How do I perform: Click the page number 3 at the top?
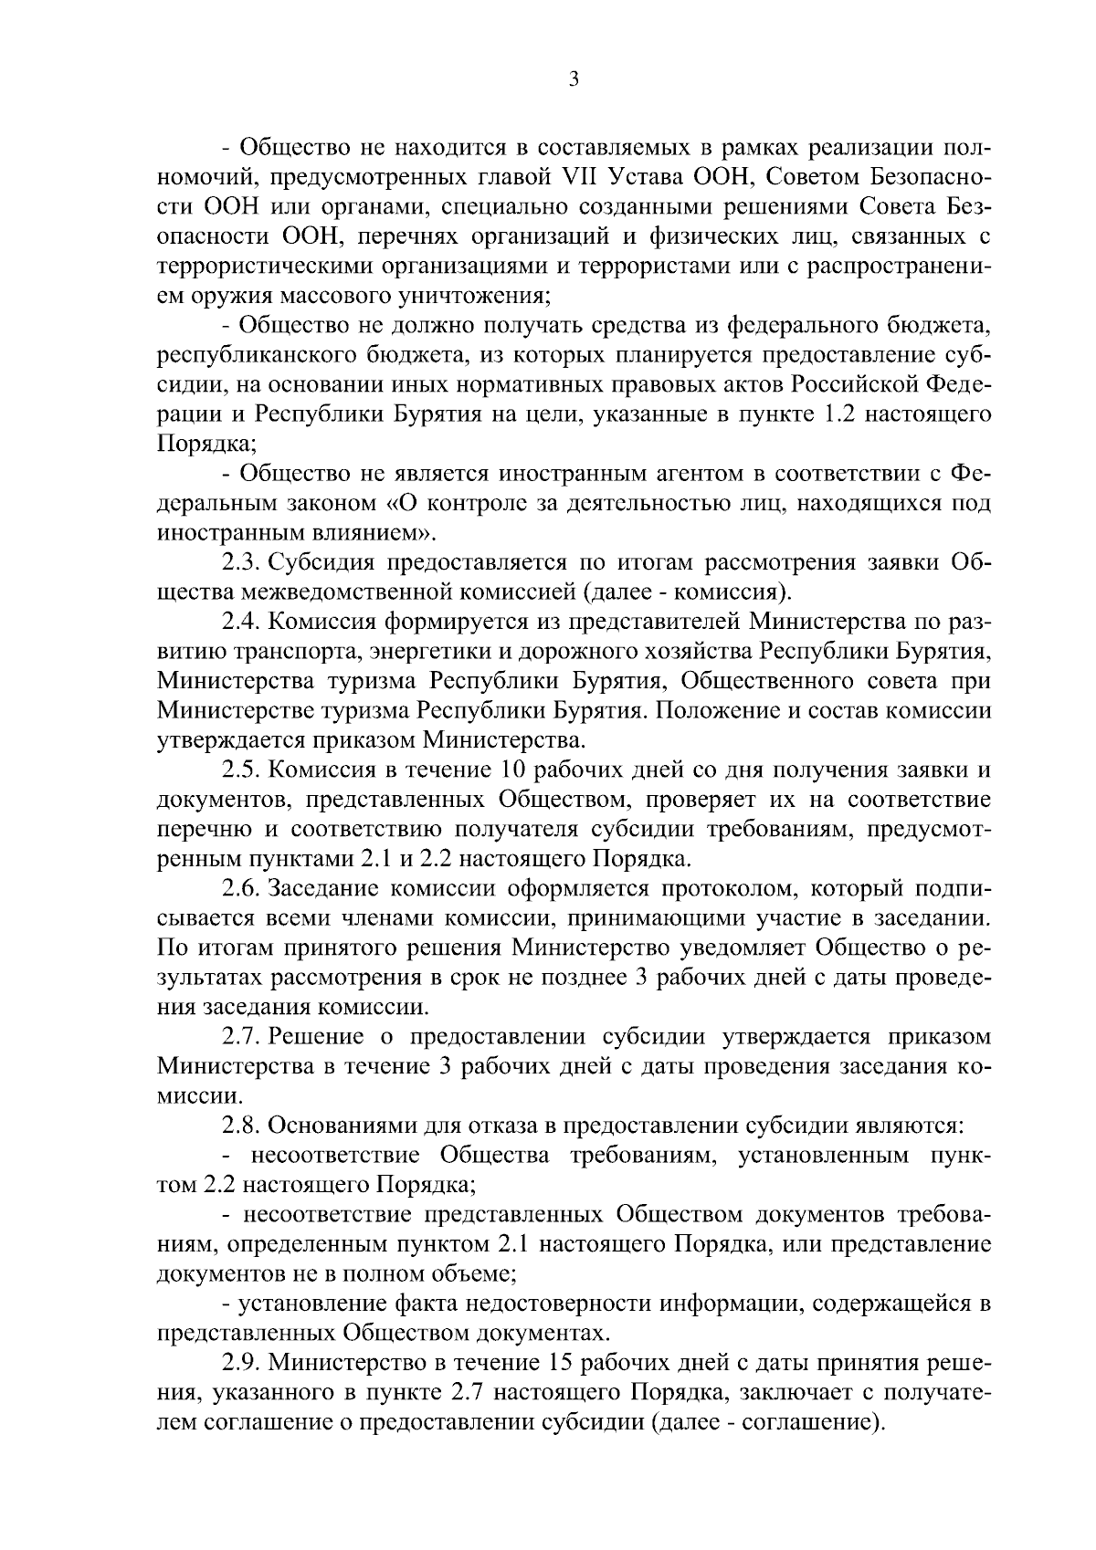coord(573,79)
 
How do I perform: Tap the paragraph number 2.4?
coord(244,623)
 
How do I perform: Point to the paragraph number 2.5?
coord(244,770)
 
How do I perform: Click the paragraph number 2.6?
coord(244,888)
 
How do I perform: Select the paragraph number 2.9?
coord(244,1363)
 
